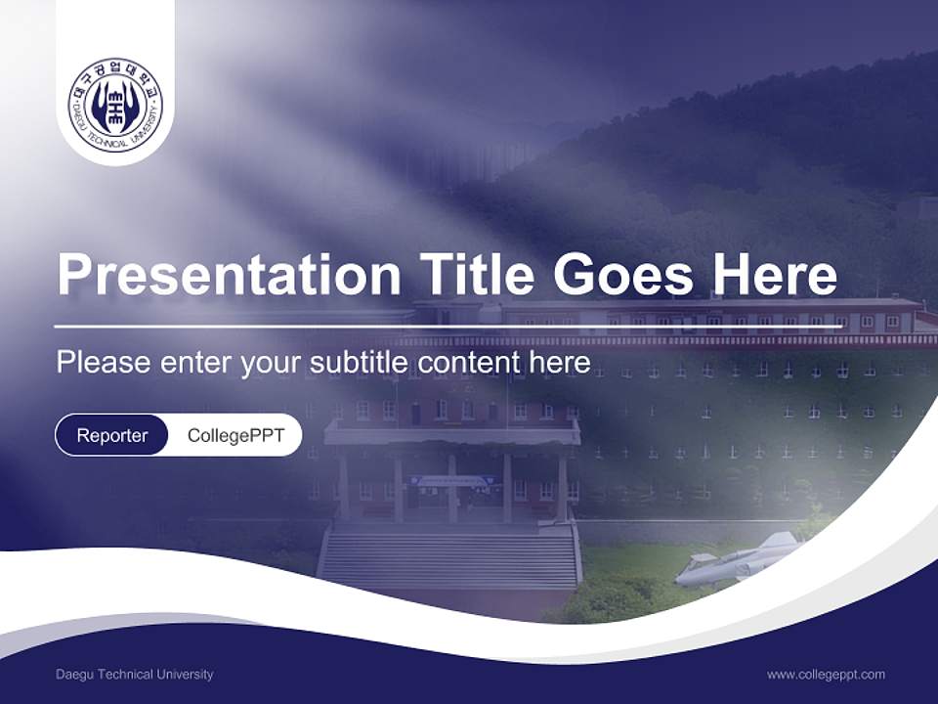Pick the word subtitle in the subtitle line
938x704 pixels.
[359, 363]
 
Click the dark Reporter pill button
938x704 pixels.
[112, 435]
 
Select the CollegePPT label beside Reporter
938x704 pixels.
[235, 435]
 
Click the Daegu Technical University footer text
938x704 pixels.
[135, 675]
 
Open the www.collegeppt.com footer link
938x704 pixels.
[826, 675]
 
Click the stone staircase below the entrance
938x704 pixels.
[449, 559]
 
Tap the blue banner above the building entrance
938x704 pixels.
[452, 480]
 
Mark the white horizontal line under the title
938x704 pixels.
[449, 326]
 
